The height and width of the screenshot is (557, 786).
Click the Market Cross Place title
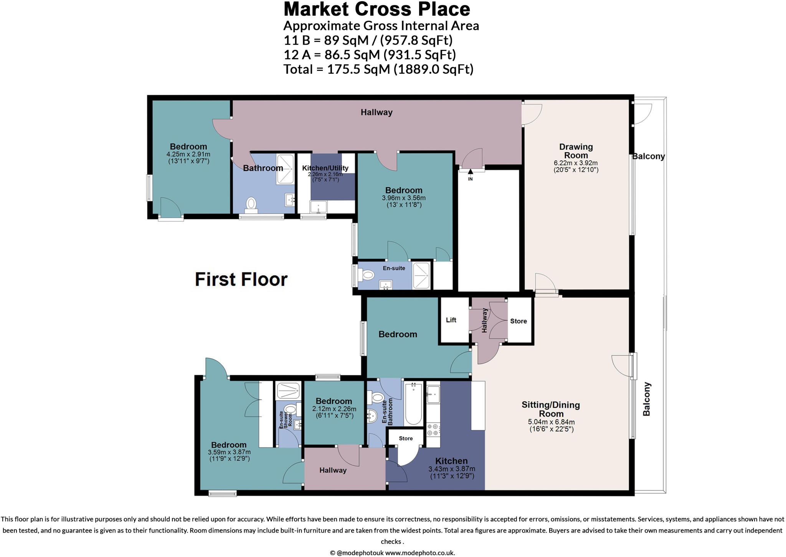(x=376, y=9)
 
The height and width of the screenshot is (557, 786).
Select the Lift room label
(x=451, y=320)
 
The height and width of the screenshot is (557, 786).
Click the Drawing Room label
(x=576, y=151)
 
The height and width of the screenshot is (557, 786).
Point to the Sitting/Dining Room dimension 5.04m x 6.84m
(x=551, y=422)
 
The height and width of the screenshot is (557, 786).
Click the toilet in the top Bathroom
(x=251, y=203)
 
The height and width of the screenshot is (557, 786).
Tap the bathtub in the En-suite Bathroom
(x=413, y=404)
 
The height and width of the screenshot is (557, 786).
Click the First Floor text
(x=241, y=279)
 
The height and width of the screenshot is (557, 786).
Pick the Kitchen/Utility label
(x=325, y=168)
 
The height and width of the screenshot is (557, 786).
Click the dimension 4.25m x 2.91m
(x=188, y=154)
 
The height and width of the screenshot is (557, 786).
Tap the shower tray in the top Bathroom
(x=285, y=169)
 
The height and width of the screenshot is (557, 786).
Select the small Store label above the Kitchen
(x=406, y=438)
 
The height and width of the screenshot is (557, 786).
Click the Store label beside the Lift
(x=518, y=321)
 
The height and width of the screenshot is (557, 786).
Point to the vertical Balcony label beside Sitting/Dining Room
(x=647, y=399)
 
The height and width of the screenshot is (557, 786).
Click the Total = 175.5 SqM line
(x=378, y=69)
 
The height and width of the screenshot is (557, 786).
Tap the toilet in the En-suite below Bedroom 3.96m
(x=367, y=275)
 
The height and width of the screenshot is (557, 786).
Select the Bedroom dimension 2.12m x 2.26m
(x=334, y=409)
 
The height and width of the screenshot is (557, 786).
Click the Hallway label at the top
(x=376, y=112)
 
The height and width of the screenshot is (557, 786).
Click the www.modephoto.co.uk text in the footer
(x=420, y=553)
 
